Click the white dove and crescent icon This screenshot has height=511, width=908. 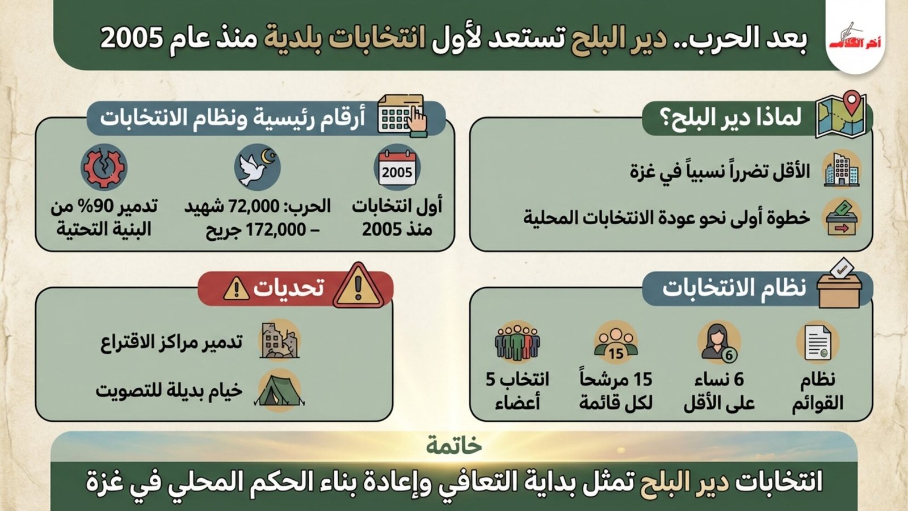coord(257,167)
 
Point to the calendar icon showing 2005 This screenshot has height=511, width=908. coord(397,167)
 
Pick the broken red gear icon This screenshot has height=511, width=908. coord(104,167)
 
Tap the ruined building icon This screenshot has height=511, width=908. coord(279,341)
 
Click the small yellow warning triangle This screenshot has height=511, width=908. coord(236,288)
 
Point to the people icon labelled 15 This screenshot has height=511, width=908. coord(616,343)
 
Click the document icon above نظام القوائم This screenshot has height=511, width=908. coord(818,343)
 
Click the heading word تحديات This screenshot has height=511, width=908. coord(289,288)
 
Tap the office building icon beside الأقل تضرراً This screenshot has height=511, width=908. coord(842,170)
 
